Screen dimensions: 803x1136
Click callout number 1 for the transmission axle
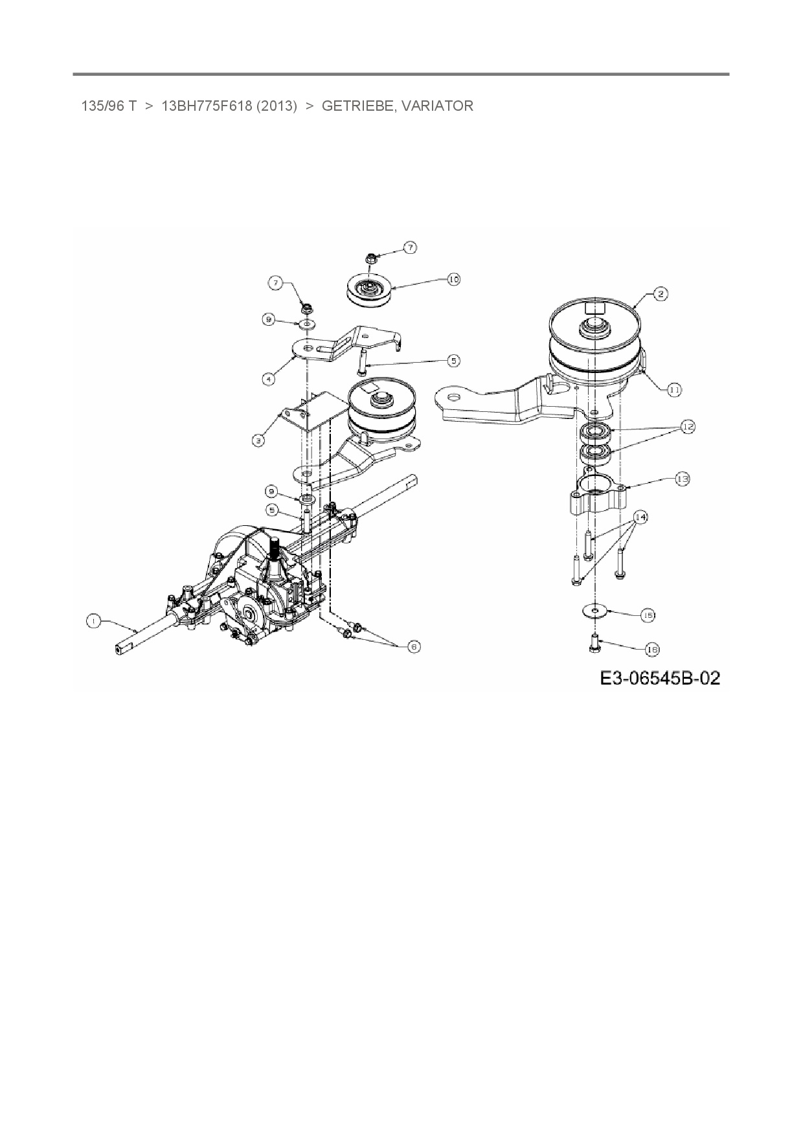pos(93,621)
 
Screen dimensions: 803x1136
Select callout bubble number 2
pos(660,294)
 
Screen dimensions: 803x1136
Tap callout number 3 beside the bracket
pos(258,440)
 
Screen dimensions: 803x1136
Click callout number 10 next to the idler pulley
pos(453,279)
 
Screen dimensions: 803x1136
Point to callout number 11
pos(674,389)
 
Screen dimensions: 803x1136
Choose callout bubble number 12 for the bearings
pos(687,427)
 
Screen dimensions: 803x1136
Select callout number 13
pos(682,479)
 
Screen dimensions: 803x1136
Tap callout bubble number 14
pos(640,517)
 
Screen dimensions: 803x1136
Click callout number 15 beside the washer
pos(648,615)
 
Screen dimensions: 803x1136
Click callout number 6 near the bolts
pos(414,646)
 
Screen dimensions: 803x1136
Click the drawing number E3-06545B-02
pos(659,678)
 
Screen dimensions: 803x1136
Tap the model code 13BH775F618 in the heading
pos(207,106)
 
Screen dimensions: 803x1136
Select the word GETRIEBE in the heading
pos(357,106)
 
